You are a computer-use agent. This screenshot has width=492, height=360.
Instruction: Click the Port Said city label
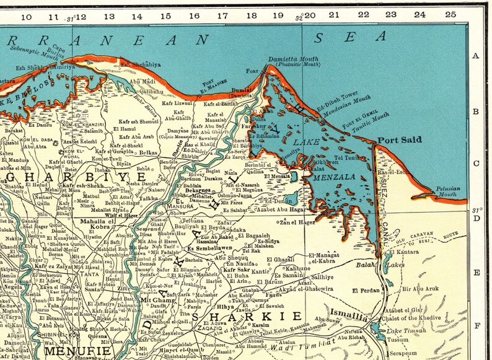tap(400, 140)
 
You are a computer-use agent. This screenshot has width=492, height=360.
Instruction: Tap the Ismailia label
tap(349, 313)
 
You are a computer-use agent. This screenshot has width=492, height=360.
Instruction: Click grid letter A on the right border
tap(476, 56)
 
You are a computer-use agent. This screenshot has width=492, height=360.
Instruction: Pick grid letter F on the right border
tap(476, 324)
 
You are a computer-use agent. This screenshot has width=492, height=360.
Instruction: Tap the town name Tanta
tap(93, 258)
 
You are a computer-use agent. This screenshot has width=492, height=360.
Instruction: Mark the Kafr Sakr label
tap(237, 270)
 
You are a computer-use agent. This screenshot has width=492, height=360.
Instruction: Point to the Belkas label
tap(147, 151)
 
